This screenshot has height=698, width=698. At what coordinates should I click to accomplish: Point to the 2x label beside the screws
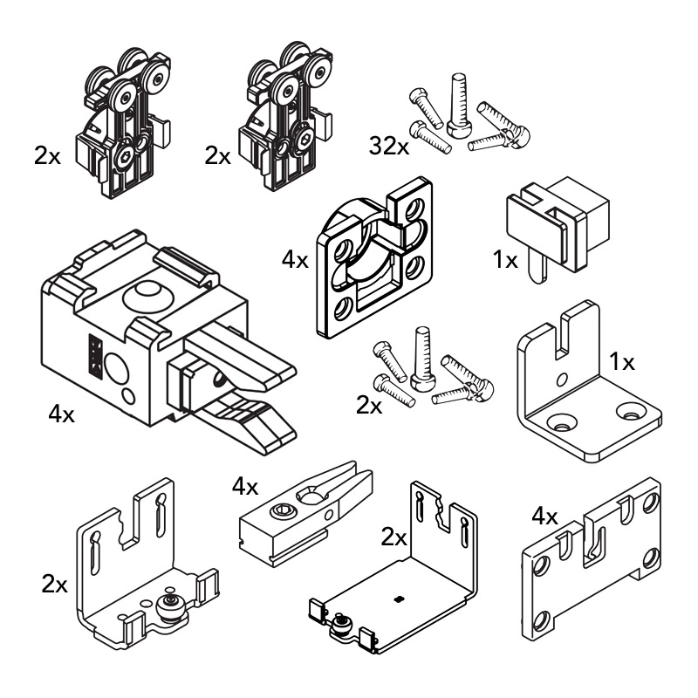pos(369,406)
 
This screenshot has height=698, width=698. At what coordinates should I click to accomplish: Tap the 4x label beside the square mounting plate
pos(294,259)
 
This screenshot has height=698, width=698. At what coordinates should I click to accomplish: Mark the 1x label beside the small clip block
pos(504,259)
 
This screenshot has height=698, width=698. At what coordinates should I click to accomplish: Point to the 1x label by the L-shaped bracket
pos(621,360)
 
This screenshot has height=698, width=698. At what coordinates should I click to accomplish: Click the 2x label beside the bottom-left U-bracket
pos(54,583)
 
